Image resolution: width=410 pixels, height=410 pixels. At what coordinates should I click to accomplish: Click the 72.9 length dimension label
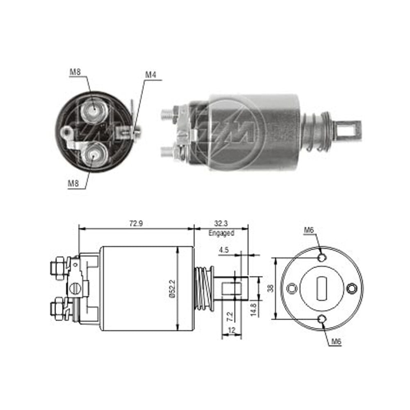136,223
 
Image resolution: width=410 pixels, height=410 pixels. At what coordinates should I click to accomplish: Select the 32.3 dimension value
221,223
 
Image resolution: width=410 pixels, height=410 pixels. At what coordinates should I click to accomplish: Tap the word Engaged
221,233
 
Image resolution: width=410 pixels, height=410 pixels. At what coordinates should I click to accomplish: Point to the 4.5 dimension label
224,250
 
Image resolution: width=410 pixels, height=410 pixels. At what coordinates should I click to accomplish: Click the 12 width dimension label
232,330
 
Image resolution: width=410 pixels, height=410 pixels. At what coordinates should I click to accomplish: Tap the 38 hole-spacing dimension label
270,288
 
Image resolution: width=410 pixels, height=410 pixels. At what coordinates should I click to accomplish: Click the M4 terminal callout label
150,75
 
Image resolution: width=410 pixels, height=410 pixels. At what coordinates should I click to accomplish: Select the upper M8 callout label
75,72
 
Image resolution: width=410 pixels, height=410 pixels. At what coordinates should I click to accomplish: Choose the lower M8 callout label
73,183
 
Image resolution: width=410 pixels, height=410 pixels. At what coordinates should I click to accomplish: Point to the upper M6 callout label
309,230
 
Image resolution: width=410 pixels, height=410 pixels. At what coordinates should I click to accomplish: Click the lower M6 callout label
336,341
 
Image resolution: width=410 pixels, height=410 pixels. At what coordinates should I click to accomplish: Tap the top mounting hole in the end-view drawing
322,257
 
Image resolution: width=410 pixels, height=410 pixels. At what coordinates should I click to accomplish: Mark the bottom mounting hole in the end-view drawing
322,319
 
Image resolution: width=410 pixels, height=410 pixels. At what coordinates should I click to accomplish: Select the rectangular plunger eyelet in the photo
349,129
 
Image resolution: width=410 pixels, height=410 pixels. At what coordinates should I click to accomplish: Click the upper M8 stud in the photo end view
94,110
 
